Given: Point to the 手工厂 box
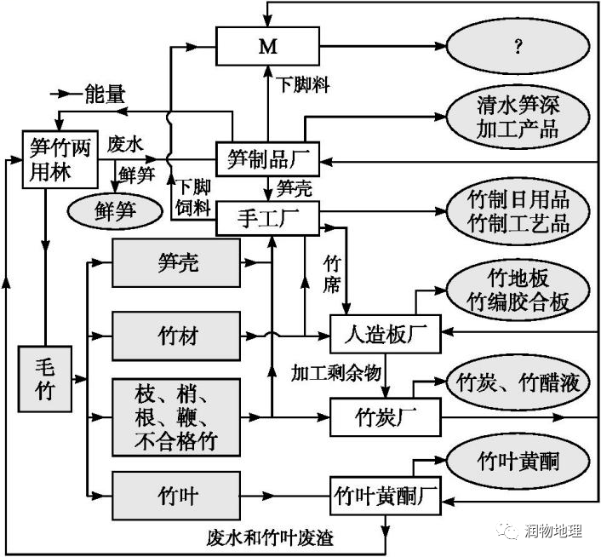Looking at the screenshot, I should coord(267,220).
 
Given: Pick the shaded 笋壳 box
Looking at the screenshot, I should coord(178,263).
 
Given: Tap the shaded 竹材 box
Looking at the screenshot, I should coord(178,335).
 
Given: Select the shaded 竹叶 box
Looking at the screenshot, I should coord(178,495).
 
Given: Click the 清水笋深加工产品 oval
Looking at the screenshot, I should coord(517,117).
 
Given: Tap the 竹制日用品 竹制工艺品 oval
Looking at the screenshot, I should coord(518,211).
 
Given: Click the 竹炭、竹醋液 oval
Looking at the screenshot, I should coord(518,382).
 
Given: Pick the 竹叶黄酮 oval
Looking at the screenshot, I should coord(518,460).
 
